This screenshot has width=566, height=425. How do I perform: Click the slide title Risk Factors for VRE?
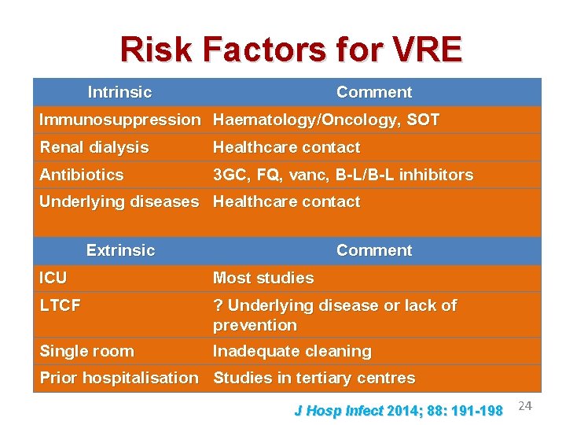tap(291, 50)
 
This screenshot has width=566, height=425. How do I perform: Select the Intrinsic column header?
tap(119, 92)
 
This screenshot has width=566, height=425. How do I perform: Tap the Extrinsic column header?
tap(120, 250)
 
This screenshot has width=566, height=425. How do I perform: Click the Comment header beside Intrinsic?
tap(373, 92)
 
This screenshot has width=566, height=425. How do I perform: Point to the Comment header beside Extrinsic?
tap(373, 250)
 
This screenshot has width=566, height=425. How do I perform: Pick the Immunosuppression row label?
tap(120, 120)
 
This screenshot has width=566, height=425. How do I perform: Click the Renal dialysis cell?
tap(94, 147)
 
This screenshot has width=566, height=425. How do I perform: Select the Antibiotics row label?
tap(82, 175)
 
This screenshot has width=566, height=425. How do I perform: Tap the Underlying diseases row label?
tap(119, 201)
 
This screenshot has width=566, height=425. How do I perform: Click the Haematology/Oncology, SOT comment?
tap(326, 120)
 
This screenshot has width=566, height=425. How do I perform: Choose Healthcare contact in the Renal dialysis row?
tap(286, 147)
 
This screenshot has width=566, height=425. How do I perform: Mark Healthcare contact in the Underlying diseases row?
tap(286, 201)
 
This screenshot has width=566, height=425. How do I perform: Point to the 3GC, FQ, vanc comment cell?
tap(343, 175)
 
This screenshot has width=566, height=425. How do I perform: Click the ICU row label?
tap(53, 278)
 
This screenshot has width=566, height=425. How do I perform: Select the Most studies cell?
tap(263, 278)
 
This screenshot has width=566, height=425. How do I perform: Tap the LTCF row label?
tap(61, 305)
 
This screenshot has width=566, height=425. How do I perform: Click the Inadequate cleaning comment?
tap(292, 351)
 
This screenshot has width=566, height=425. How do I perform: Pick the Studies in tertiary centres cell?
tap(314, 378)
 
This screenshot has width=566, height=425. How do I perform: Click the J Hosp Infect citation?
tap(398, 410)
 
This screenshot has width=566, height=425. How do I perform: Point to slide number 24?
tap(526, 405)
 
